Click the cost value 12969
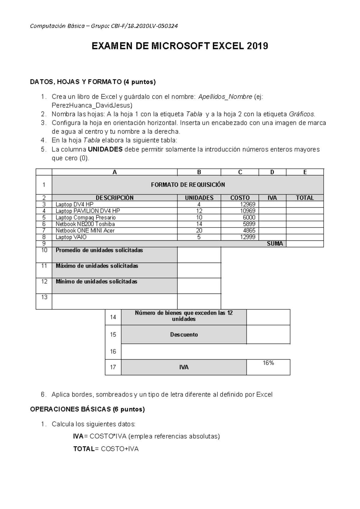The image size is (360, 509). point(248,204)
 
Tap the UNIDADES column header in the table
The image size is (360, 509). point(199,198)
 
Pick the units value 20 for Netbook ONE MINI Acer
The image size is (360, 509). point(199,230)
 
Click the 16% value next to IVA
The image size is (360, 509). point(268,363)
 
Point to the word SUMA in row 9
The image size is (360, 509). point(275,244)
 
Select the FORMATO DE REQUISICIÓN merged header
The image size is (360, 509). point(188,185)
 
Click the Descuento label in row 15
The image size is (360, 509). point(184,335)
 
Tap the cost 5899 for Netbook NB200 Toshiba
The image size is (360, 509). point(249,224)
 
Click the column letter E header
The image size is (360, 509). point(305,172)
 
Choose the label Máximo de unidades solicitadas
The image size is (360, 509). point(97,266)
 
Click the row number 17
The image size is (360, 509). point(113,367)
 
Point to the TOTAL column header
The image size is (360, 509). point(305,198)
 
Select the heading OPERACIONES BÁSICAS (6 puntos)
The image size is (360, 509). point(87,409)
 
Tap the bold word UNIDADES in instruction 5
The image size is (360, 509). point(105,149)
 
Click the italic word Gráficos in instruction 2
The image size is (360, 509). point(302,114)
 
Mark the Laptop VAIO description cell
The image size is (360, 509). point(71,237)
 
